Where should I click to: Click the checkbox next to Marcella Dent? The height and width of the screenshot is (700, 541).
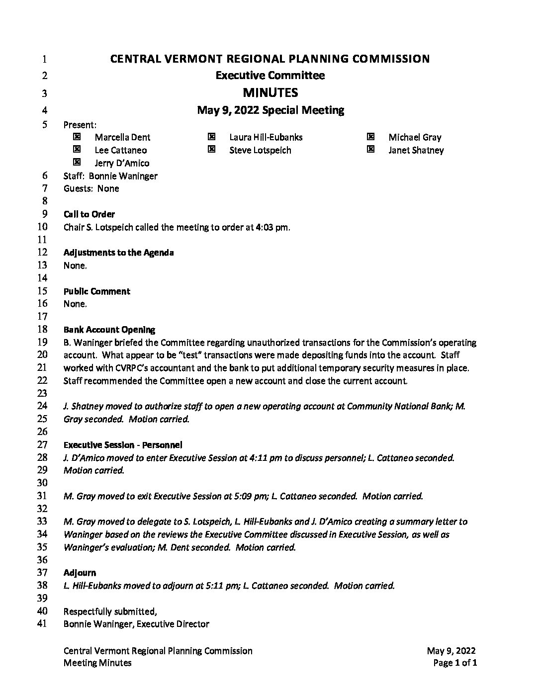[x=77, y=137]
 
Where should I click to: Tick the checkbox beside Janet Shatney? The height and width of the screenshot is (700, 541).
[x=370, y=150]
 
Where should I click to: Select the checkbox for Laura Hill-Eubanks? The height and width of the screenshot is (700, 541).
[x=211, y=137]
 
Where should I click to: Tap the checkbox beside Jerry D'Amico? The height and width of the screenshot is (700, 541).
[x=77, y=163]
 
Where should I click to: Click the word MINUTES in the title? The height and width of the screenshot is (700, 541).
[x=270, y=93]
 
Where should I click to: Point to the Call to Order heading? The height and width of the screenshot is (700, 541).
[x=89, y=214]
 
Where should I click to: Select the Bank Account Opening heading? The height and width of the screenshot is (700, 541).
[x=109, y=330]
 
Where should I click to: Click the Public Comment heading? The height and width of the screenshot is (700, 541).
[x=96, y=291]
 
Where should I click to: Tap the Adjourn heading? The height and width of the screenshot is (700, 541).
[x=80, y=573]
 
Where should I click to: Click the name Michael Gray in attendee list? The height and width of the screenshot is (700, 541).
[x=415, y=137]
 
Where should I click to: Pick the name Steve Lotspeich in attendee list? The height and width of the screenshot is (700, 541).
[x=260, y=150]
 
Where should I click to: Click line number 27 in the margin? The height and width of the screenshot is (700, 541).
[x=42, y=444]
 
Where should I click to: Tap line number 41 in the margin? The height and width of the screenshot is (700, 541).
[x=42, y=623]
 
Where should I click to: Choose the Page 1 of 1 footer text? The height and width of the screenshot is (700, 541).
[x=455, y=663]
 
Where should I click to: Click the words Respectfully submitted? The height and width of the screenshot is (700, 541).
[x=110, y=611]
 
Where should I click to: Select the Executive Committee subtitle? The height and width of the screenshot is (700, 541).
[x=270, y=76]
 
